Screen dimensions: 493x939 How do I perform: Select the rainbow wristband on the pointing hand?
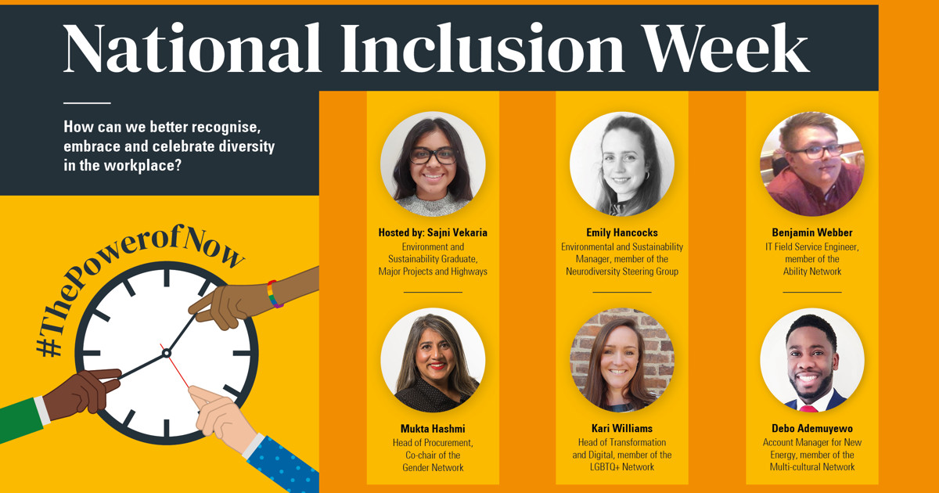[273, 293]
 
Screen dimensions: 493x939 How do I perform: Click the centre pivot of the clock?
[167, 354]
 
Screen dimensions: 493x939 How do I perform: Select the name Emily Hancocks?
[622, 233]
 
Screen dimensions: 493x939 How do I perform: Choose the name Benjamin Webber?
[812, 233]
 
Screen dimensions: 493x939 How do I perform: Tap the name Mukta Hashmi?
[433, 429]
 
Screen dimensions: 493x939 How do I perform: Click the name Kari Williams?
[622, 429]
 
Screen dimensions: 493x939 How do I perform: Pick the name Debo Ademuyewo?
[812, 429]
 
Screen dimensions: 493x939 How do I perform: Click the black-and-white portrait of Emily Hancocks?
[622, 164]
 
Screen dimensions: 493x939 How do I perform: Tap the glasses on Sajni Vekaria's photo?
[433, 155]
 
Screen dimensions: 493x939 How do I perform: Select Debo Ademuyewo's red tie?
[809, 408]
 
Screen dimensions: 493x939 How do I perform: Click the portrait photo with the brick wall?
[622, 360]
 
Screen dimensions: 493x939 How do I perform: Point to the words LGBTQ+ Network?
[622, 467]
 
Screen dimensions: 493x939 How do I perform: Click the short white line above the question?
[87, 103]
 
